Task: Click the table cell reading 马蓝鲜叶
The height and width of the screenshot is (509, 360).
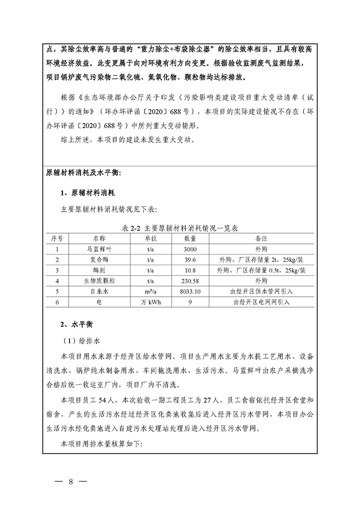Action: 99,249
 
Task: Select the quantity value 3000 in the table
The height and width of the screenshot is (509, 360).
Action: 190,249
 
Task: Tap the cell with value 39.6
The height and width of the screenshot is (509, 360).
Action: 190,260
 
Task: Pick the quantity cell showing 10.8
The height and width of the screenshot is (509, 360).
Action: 190,271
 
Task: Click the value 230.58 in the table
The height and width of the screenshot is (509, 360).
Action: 190,281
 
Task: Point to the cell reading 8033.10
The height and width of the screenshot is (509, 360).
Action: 190,291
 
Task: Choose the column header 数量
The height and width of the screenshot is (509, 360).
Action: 190,239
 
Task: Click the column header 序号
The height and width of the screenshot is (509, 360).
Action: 57,239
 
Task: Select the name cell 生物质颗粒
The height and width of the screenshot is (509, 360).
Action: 99,281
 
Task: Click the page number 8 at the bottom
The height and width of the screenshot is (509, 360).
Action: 71,482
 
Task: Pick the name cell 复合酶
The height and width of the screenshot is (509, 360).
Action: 99,260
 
